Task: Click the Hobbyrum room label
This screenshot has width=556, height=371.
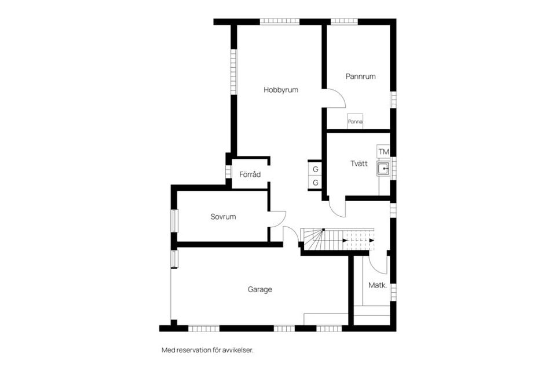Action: (x=281, y=90)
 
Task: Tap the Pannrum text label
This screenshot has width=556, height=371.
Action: (x=361, y=76)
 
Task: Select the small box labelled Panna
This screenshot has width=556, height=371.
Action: (x=355, y=122)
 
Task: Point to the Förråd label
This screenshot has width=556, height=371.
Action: (x=250, y=174)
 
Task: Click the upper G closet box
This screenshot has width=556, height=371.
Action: (x=316, y=169)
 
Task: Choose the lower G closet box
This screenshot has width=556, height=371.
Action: (x=316, y=183)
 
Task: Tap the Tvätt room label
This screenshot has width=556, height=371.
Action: (x=359, y=163)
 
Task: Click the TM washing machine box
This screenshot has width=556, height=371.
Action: (x=383, y=152)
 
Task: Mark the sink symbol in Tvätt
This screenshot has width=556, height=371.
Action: (x=383, y=169)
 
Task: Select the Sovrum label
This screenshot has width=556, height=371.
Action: (x=223, y=217)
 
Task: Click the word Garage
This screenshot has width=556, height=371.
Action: (x=259, y=289)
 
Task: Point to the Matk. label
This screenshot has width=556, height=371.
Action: (x=378, y=285)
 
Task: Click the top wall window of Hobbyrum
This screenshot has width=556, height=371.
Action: (x=279, y=22)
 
